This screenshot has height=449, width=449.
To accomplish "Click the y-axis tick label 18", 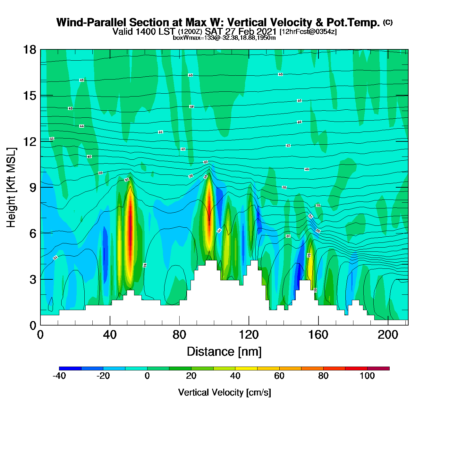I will coord(29,50).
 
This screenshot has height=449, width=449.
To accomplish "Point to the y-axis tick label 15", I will coord(29,96).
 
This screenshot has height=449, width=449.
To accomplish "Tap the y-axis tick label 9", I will coord(33,188).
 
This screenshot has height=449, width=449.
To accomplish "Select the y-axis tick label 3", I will coord(33,279).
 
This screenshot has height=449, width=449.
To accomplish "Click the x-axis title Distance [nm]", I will coord(224,352).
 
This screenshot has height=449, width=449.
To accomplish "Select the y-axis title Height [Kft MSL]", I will coord(11,188).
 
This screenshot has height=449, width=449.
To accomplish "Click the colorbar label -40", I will coord(59,376).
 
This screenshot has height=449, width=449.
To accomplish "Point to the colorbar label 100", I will coord(367,376).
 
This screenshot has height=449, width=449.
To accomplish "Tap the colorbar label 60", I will coord(279,376).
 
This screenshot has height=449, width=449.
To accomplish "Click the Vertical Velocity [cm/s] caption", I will coord(224,392).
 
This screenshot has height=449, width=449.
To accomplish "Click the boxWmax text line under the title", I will coord(224,38).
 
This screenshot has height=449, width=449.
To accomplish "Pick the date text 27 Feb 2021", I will coord(250,31).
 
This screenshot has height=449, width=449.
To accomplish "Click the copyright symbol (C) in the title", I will coord(388,22).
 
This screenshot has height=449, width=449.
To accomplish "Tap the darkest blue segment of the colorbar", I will coord(70,369).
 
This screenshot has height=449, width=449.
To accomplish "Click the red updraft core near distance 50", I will coord(130,234).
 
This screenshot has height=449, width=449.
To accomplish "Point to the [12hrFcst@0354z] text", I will coord(308,32).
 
